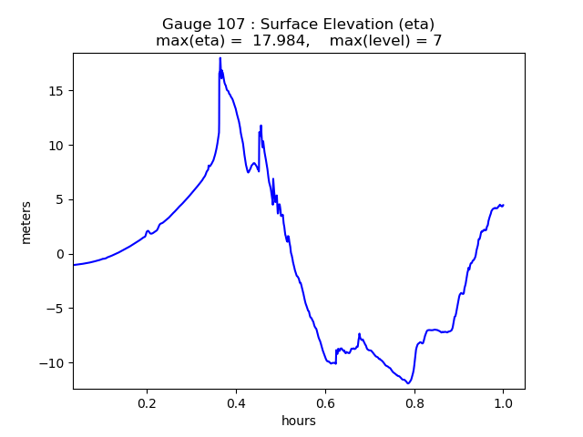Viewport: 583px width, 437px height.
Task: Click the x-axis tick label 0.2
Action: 147,402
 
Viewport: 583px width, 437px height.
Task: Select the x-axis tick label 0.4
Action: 236,402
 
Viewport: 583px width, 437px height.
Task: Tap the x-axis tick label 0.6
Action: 325,402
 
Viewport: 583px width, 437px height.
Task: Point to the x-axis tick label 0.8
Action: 414,402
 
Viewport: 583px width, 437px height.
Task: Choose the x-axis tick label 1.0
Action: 504,402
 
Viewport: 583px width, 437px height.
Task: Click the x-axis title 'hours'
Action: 299,421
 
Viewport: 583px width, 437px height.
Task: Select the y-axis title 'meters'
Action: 26,221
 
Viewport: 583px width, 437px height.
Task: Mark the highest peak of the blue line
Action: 220,58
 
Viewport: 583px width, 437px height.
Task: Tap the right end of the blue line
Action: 503,205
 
